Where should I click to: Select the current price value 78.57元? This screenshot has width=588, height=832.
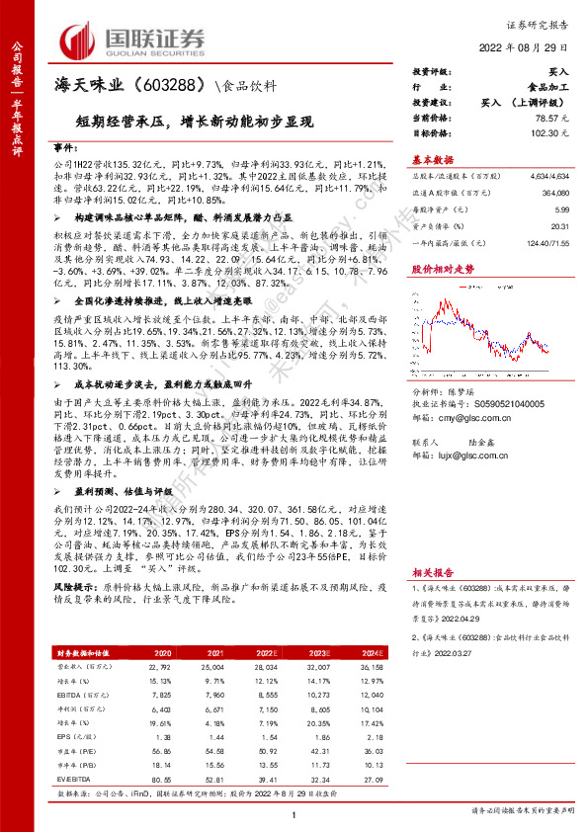555,117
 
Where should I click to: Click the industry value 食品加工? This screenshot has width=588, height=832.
549,87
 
